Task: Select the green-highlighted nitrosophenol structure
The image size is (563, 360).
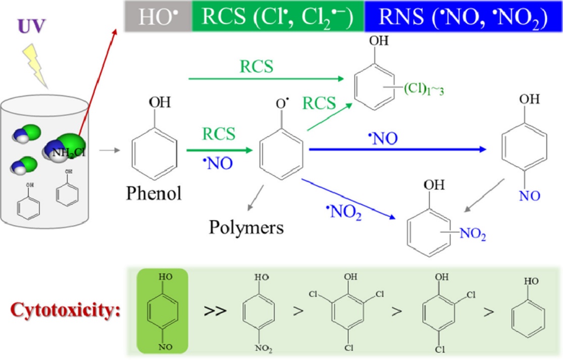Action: pyautogui.click(x=163, y=310)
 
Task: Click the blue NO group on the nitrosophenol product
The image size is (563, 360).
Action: pyautogui.click(x=529, y=196)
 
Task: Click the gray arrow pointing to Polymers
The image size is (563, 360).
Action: pyautogui.click(x=255, y=197)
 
